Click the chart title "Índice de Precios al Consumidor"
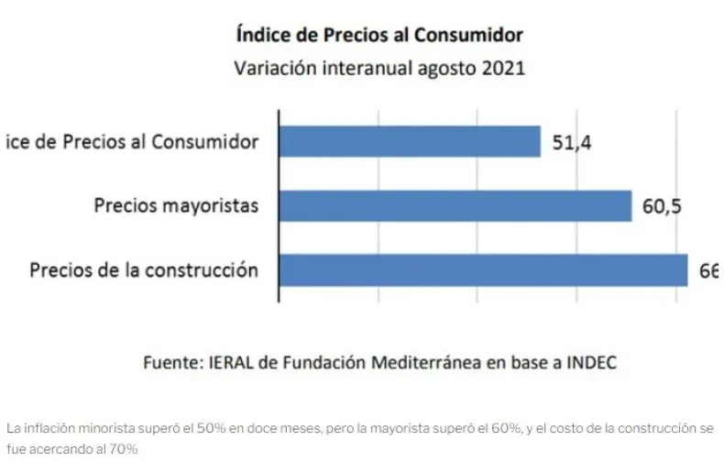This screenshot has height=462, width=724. (378, 36)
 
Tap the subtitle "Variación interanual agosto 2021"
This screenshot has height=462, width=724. (378, 68)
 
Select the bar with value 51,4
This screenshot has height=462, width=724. (410, 141)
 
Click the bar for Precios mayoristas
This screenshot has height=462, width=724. (455, 205)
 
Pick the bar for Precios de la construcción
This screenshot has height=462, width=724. (483, 269)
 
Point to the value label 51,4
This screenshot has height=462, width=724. (572, 142)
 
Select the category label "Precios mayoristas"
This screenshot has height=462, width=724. (176, 206)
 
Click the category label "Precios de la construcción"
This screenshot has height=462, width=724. (144, 270)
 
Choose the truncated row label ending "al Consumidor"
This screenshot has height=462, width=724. (131, 142)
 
